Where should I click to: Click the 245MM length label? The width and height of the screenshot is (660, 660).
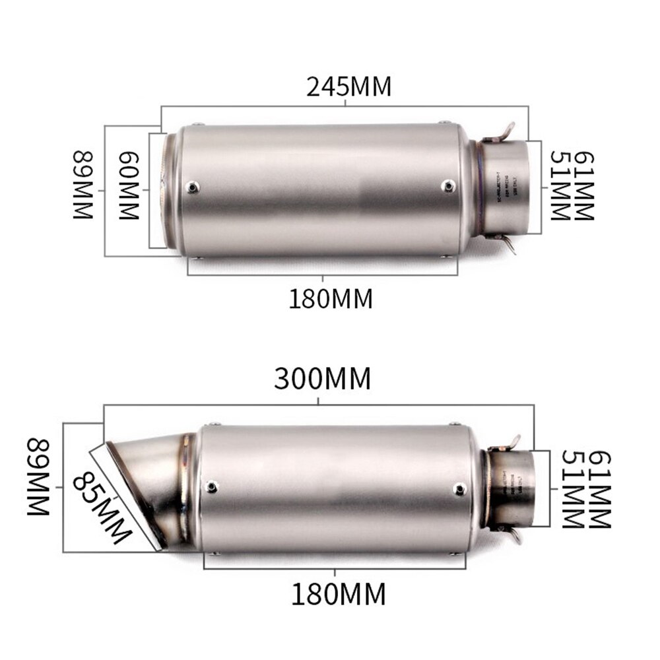pyautogui.click(x=348, y=86)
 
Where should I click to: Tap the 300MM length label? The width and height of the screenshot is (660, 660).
pyautogui.click(x=323, y=379)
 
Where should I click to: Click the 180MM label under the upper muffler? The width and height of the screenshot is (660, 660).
pyautogui.click(x=331, y=299)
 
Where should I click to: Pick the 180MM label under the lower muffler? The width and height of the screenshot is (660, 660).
pyautogui.click(x=338, y=595)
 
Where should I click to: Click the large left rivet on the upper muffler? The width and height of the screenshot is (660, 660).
pyautogui.click(x=193, y=187)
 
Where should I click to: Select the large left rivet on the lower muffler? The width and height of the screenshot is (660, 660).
pyautogui.click(x=211, y=487)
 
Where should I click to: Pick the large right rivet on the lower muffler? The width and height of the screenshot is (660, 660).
pyautogui.click(x=460, y=488)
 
